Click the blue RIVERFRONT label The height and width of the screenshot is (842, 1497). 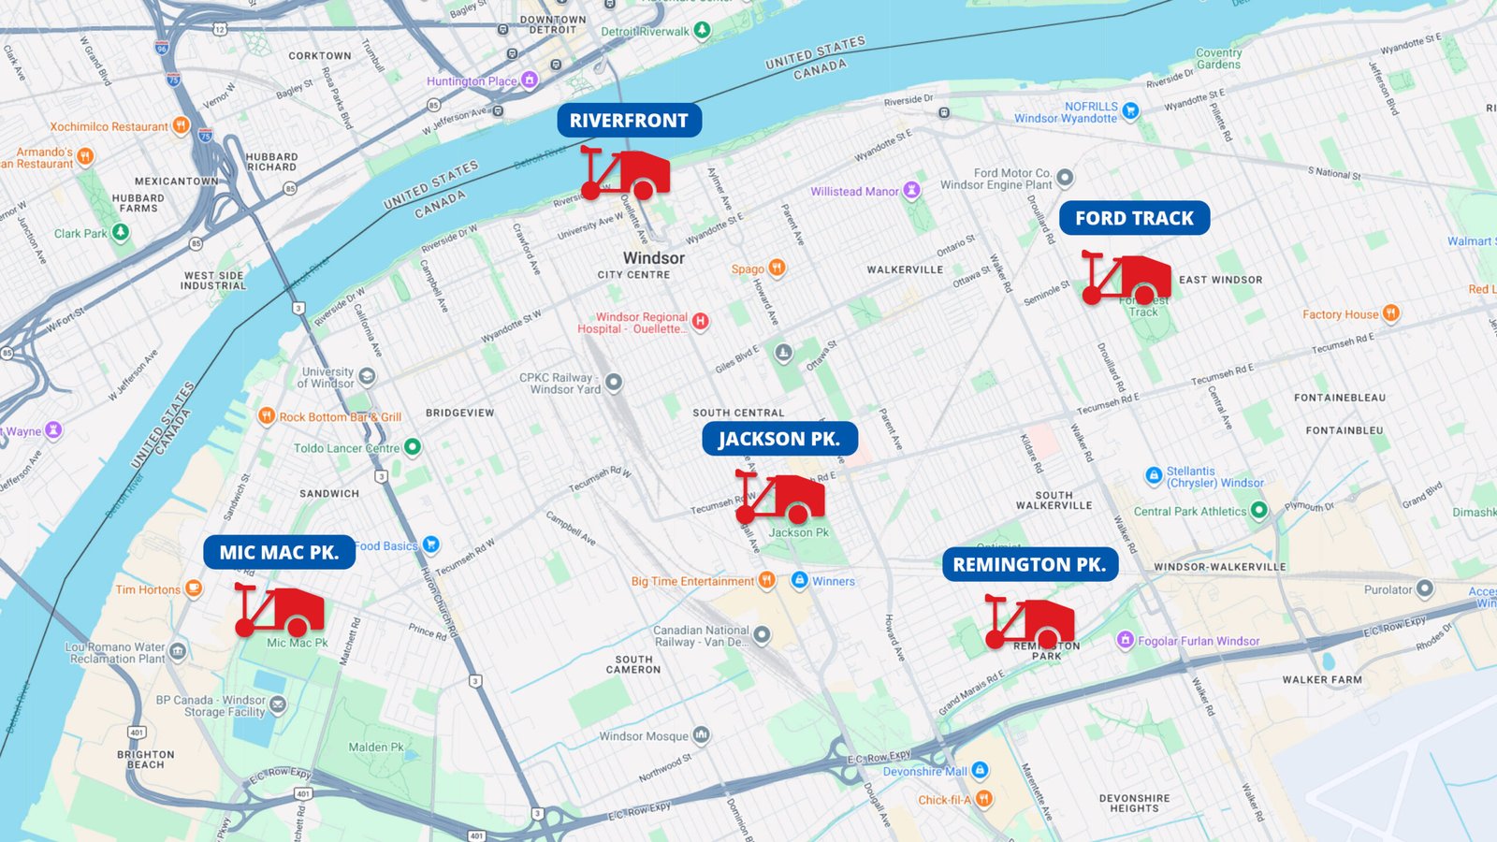[629, 121]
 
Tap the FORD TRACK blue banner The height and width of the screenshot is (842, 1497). [1134, 218]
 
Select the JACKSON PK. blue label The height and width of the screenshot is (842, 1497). [779, 439]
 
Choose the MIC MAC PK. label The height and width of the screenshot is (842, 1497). [279, 552]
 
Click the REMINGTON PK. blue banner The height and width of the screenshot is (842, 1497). [1029, 564]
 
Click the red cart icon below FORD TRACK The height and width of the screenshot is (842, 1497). [1127, 278]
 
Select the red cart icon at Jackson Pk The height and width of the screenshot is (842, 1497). [781, 498]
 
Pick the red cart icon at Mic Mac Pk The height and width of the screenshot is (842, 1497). [280, 610]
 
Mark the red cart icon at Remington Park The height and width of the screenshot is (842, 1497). [1030, 622]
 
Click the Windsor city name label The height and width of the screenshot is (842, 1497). [654, 258]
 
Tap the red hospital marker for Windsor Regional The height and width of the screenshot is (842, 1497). [700, 322]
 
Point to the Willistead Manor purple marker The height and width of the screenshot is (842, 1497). [911, 191]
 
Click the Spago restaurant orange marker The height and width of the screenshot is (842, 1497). [777, 269]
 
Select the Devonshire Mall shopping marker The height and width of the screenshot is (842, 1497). [980, 770]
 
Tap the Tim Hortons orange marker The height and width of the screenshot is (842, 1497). [194, 588]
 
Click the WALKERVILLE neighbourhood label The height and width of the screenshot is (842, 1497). [905, 269]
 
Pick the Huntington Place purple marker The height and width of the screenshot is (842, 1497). [530, 80]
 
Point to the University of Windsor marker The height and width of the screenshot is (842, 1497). [367, 376]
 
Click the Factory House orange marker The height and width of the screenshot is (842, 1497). [1391, 313]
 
